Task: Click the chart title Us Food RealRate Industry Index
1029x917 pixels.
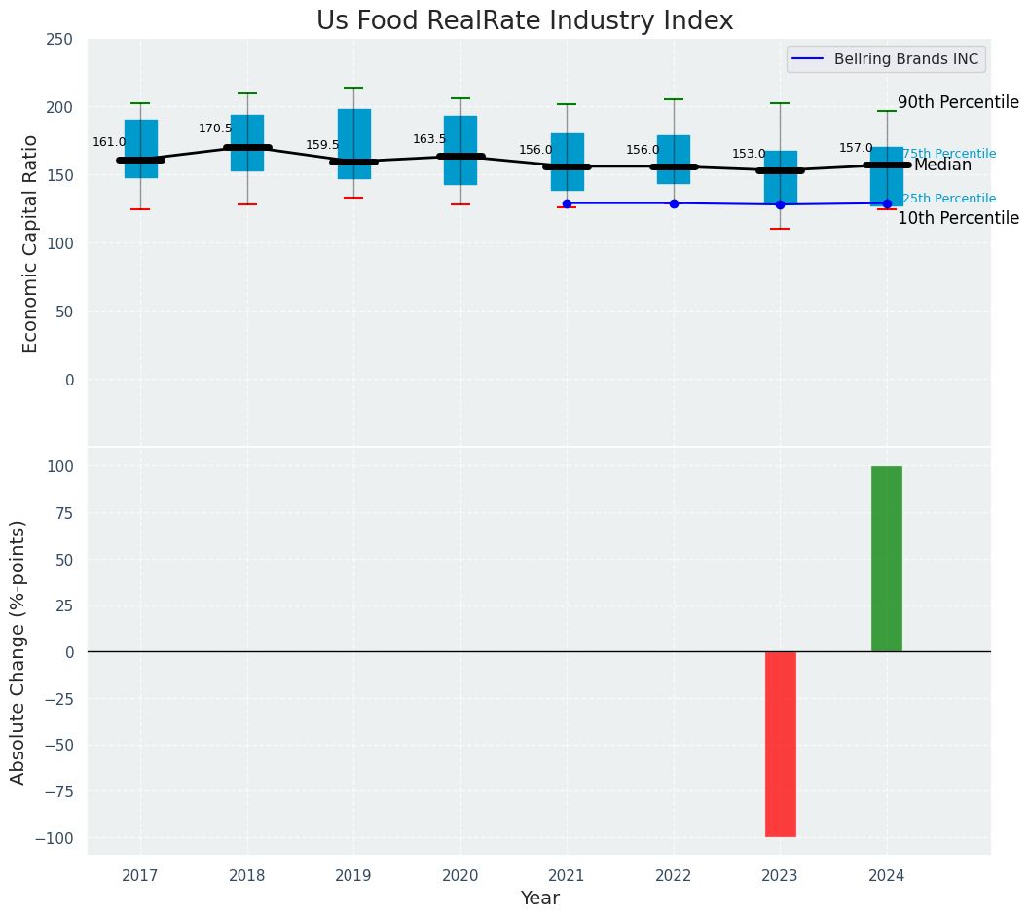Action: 524,21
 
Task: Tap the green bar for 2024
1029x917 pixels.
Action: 886,559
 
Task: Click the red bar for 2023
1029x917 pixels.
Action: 780,744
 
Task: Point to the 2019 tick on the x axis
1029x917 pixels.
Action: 353,876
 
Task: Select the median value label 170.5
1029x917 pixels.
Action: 215,128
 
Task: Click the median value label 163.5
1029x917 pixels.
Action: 429,139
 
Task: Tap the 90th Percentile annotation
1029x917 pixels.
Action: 958,103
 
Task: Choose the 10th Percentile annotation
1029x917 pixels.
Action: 958,218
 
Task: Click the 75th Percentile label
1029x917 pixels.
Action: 949,154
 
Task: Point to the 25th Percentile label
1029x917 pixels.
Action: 949,199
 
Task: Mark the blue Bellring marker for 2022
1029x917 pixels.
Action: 674,203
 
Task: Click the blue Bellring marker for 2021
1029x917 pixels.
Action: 567,203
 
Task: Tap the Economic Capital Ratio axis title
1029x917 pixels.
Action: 30,243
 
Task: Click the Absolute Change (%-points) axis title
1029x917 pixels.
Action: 18,651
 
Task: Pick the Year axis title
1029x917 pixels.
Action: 539,899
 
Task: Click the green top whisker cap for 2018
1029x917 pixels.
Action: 247,93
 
